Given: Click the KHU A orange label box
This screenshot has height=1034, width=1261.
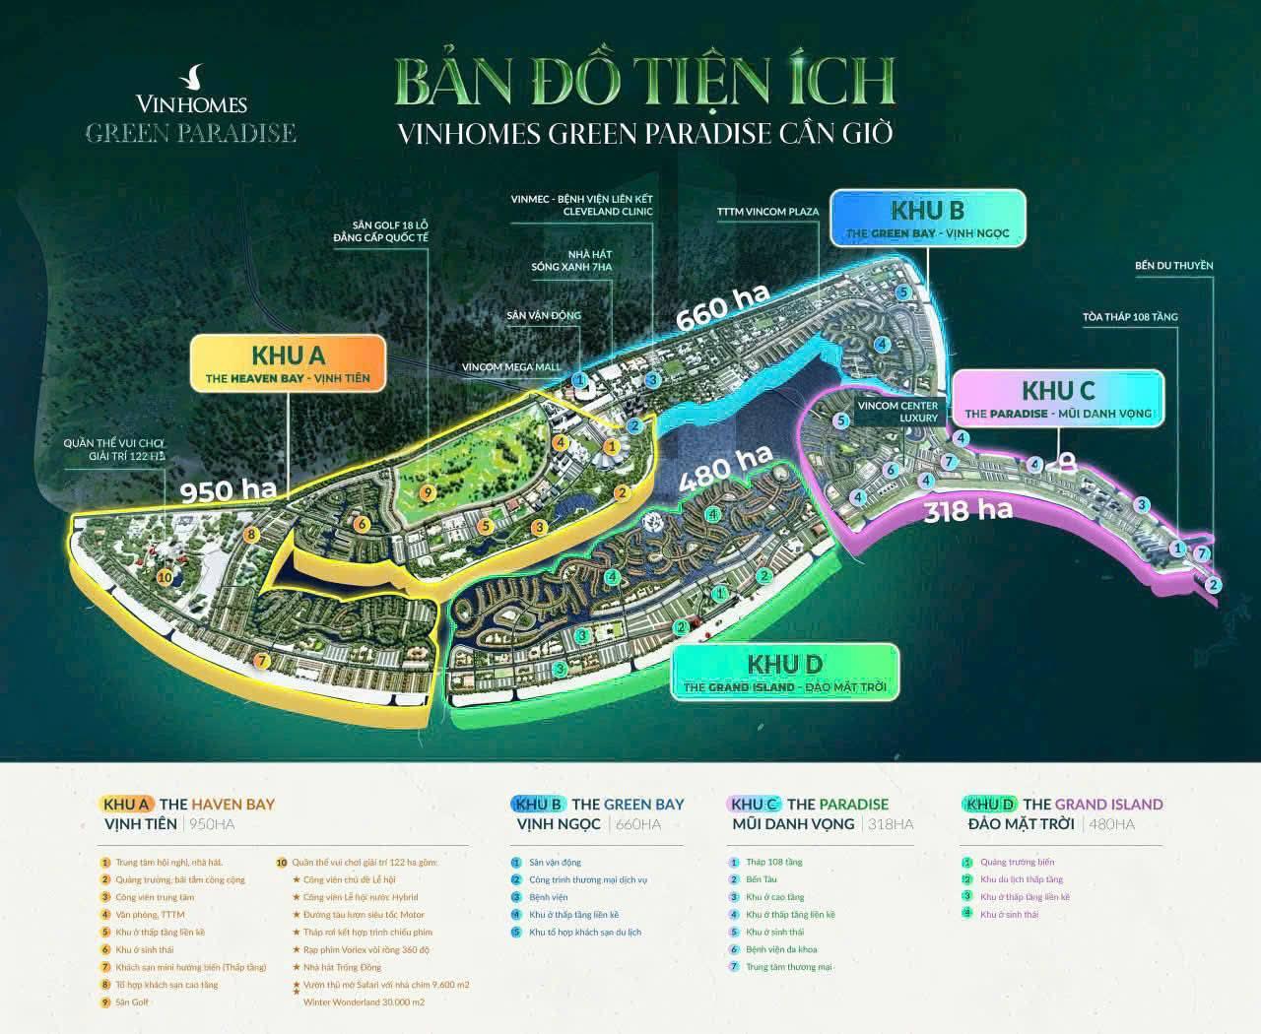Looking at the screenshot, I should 288,363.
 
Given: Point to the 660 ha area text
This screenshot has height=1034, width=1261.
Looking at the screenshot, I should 722,309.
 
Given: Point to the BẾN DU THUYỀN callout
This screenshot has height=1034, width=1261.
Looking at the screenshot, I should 1173,266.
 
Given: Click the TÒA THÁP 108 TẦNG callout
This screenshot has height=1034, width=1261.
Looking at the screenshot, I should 1129,317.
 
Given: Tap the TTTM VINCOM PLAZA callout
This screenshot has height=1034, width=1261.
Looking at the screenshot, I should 767,212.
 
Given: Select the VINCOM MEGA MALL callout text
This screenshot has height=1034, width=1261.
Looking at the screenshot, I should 511,366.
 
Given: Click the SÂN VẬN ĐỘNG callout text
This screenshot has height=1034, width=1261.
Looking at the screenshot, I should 544,315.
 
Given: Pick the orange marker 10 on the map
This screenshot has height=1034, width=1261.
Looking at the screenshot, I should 165,577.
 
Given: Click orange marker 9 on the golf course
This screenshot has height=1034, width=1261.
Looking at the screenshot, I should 426,492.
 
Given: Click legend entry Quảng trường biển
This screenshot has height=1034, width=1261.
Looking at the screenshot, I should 1017,862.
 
